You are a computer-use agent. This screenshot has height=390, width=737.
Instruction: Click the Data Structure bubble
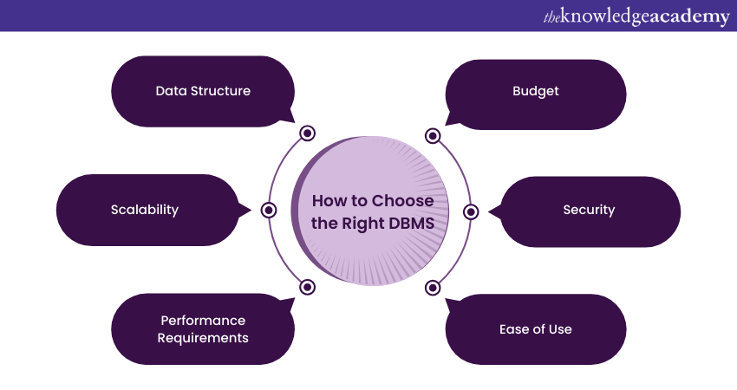[x=203, y=91]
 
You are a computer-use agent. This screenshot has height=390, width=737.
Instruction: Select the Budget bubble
[x=535, y=91]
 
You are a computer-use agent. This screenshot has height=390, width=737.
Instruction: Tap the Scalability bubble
[x=146, y=210]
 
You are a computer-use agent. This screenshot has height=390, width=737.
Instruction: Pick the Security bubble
[x=590, y=210]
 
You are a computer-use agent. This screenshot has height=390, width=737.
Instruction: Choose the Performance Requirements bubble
[x=203, y=329]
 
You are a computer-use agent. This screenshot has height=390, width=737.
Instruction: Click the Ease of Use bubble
[x=535, y=329]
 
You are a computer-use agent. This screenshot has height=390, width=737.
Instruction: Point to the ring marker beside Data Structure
[x=307, y=133]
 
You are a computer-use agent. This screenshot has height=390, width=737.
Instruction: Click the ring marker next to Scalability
[x=269, y=210]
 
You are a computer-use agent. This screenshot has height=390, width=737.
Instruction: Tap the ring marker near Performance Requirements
[x=307, y=287]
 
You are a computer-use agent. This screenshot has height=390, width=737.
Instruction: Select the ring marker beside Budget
[x=432, y=135]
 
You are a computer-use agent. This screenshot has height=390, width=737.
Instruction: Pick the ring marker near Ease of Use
[x=432, y=287]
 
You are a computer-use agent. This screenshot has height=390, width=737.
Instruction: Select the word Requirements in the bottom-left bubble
[x=203, y=337]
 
